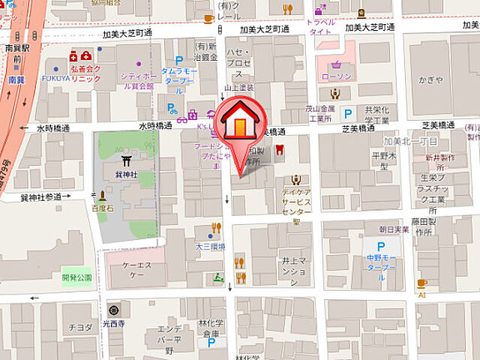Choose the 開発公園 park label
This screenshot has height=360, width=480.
click(x=76, y=277)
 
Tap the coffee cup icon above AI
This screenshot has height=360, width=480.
click(x=421, y=283)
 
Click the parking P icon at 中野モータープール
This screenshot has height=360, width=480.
click(x=381, y=246)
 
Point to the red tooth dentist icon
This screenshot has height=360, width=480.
click(x=279, y=149)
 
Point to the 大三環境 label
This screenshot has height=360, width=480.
click(x=211, y=245)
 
